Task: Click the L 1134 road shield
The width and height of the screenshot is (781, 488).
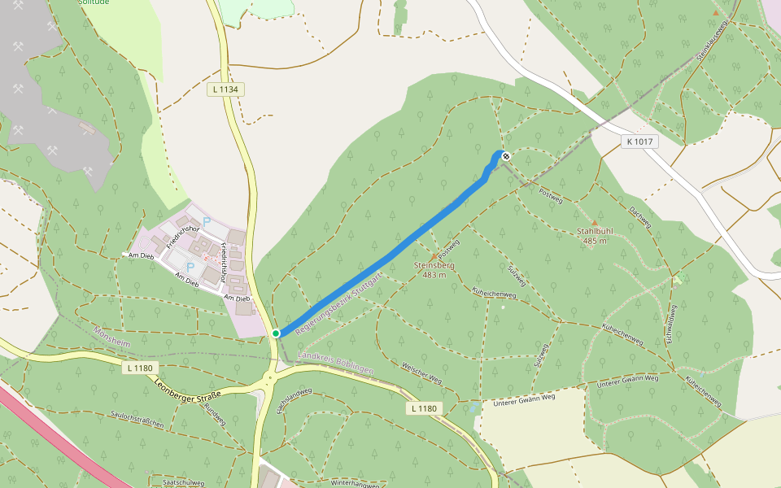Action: coord(225,89)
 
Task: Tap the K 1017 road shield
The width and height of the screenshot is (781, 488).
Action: coord(640,142)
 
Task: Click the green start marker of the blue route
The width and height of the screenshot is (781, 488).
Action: coord(276,333)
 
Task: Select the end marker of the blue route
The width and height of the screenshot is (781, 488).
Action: coord(506,156)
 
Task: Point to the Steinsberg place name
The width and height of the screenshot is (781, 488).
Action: coord(434,265)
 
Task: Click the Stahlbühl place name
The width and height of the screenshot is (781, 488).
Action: coord(595,231)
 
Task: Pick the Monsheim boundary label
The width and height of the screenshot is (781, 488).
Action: coord(112,336)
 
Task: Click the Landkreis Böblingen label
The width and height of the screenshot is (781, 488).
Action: coord(335,363)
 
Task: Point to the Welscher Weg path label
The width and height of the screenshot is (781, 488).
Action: coord(422,375)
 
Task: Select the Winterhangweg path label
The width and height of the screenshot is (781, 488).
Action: coord(356,483)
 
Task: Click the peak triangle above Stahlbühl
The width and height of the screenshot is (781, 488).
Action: coord(594,222)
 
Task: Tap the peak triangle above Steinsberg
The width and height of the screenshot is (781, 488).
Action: coord(433,256)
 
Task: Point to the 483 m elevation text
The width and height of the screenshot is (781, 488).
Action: coord(434,275)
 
